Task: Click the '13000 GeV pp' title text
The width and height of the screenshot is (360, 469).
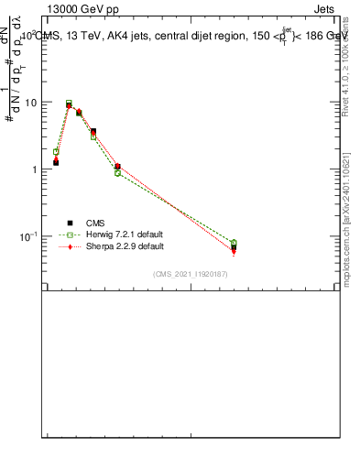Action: tap(82, 8)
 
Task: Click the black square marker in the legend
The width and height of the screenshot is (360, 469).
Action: tap(70, 223)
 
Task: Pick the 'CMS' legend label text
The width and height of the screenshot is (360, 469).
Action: tap(95, 223)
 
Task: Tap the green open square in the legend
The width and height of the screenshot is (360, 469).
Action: tap(70, 234)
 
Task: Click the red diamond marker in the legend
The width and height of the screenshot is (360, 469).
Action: tap(70, 246)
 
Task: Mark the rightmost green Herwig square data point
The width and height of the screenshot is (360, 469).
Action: tap(234, 243)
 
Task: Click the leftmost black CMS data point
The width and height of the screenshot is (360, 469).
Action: tap(56, 162)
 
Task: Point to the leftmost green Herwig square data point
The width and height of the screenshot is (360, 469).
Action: tap(56, 152)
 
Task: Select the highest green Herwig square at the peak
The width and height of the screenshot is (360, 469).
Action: tap(69, 104)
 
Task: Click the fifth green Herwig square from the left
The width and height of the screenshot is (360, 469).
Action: tap(117, 173)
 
